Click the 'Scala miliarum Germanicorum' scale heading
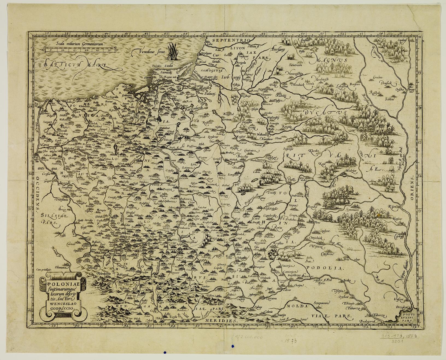(79, 43)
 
